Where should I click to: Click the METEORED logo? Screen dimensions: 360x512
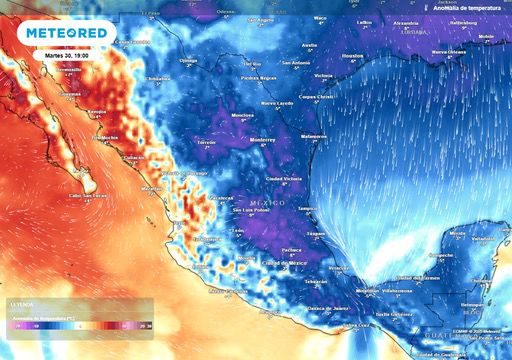coord(67,34)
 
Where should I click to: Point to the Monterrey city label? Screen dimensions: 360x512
coord(262,140)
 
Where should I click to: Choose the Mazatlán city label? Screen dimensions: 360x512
coord(152,188)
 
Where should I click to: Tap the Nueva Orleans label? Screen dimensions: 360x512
coord(450,52)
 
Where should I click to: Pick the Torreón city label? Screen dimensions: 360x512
coord(206,143)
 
